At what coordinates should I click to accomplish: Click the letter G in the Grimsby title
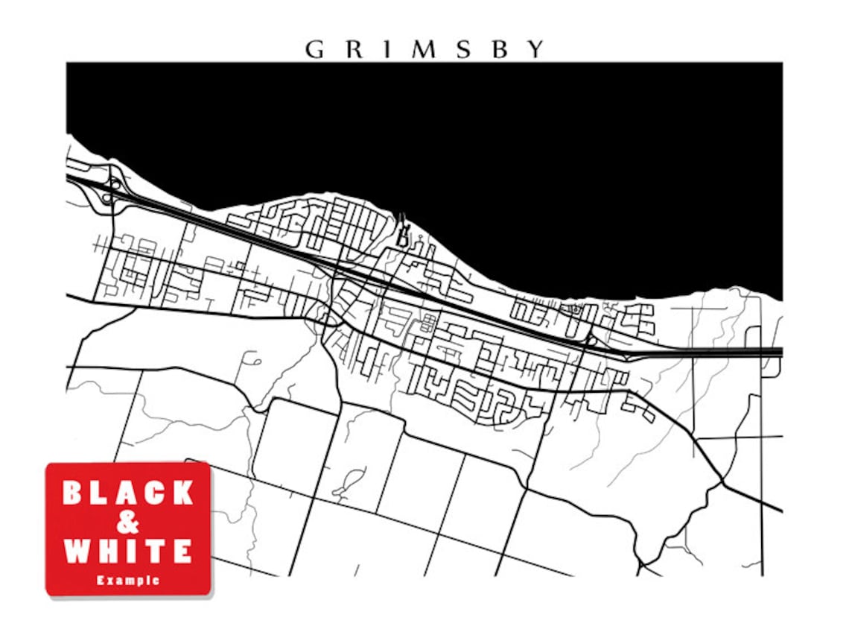pyautogui.click(x=314, y=49)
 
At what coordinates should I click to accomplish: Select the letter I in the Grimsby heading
pyautogui.click(x=386, y=49)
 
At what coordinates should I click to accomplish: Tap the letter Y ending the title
pyautogui.click(x=535, y=49)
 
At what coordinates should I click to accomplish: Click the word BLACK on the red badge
pyautogui.click(x=128, y=493)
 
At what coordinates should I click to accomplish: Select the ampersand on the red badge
pyautogui.click(x=128, y=522)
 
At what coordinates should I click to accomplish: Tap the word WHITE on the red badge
pyautogui.click(x=128, y=552)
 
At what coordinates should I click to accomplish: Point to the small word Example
pyautogui.click(x=128, y=580)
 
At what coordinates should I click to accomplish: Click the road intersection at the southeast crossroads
pyautogui.click(x=722, y=484)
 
